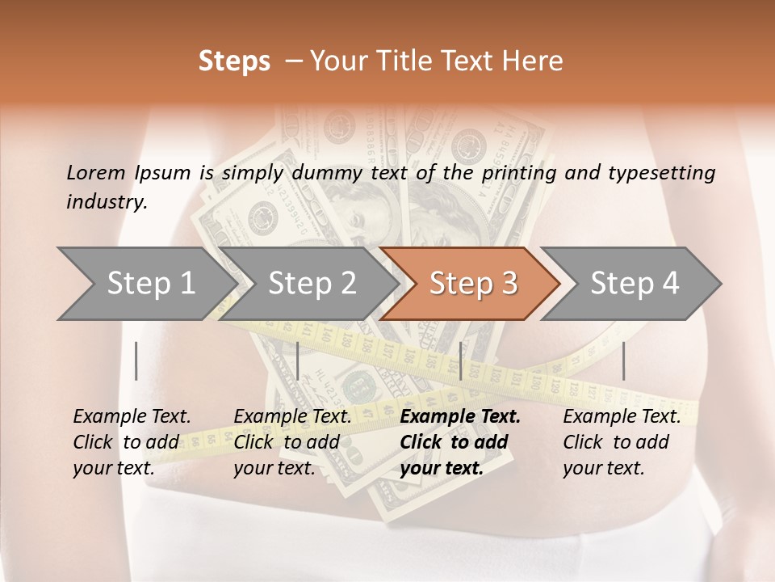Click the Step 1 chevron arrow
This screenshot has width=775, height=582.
pos(149,284)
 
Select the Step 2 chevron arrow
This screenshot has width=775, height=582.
pos(311,284)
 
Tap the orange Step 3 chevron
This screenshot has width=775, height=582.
pos(472,284)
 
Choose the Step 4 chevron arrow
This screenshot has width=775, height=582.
pos(634,284)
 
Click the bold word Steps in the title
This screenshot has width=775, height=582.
pos(234,61)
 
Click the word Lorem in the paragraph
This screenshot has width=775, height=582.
pos(96,172)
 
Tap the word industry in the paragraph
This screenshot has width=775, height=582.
pos(106,202)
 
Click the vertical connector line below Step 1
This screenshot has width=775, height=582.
pos(136,361)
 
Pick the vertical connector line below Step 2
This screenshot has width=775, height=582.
pos(298,361)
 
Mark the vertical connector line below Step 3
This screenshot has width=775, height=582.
pos(460,361)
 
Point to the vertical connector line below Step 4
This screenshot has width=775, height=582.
pos(623,361)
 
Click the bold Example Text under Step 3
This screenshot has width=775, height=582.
pos(460,417)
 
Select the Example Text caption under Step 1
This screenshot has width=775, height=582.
pos(132,417)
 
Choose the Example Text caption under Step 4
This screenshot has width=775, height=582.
pos(622,417)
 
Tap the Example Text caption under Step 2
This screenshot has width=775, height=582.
pos(292,417)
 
